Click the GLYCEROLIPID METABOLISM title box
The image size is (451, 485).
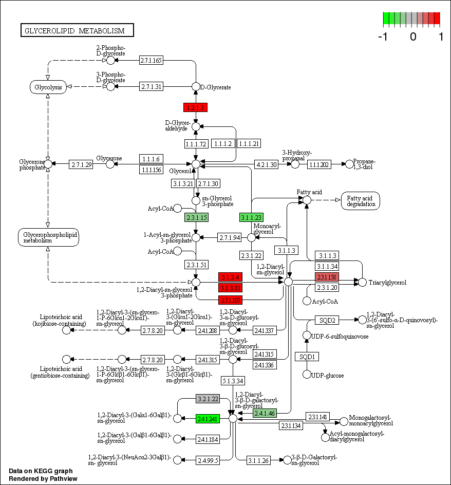point(77,31)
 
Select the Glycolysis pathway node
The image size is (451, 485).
point(48,87)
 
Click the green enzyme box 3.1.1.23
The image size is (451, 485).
point(251,218)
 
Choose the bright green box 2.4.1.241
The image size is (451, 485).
point(208,419)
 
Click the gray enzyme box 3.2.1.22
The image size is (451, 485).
point(208,399)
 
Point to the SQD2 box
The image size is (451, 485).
point(327,320)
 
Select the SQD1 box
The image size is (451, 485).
point(307,357)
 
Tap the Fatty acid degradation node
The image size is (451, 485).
point(360,201)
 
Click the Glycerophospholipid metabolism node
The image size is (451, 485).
point(48,237)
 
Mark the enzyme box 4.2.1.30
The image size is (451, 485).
point(267,164)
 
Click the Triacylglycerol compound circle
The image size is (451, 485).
point(362,282)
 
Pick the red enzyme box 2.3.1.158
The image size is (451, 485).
point(327,277)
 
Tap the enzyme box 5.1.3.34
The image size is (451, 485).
point(233,381)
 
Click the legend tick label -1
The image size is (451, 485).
point(383,37)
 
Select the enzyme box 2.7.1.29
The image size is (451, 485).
point(82,164)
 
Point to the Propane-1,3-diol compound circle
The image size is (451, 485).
point(350,164)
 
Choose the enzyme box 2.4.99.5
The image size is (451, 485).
point(208,460)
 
